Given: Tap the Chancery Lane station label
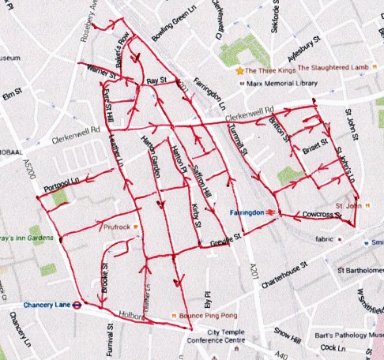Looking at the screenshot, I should [x=32, y=304].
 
